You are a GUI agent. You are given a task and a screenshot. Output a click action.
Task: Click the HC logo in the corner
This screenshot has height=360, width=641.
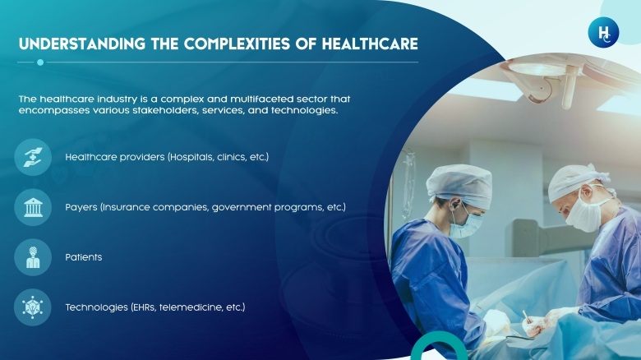click(x=603, y=32)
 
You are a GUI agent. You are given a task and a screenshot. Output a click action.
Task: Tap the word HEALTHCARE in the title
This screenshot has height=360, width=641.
click(x=370, y=44)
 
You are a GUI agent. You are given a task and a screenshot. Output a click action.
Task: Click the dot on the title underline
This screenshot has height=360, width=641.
click(x=40, y=62)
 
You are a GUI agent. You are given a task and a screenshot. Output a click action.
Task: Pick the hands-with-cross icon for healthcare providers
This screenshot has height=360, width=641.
click(x=33, y=157)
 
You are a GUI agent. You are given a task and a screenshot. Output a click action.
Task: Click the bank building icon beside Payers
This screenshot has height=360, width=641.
click(x=33, y=207)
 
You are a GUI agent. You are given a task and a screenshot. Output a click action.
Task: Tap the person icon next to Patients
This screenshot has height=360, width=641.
click(x=33, y=257)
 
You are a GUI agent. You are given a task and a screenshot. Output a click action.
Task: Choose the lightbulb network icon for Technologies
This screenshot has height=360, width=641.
click(x=33, y=307)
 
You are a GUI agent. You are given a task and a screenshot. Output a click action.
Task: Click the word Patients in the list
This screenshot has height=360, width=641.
click(x=83, y=257)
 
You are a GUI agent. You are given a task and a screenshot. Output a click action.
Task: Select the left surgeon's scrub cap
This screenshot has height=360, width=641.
click(x=459, y=185)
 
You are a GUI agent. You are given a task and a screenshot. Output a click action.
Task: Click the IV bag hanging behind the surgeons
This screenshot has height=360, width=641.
click(x=408, y=184)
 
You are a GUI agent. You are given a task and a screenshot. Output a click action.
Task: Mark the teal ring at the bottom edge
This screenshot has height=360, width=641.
click(x=439, y=337)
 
